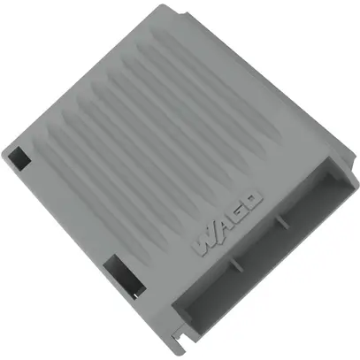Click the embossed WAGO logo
point(226,222)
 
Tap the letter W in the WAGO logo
point(203,241)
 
